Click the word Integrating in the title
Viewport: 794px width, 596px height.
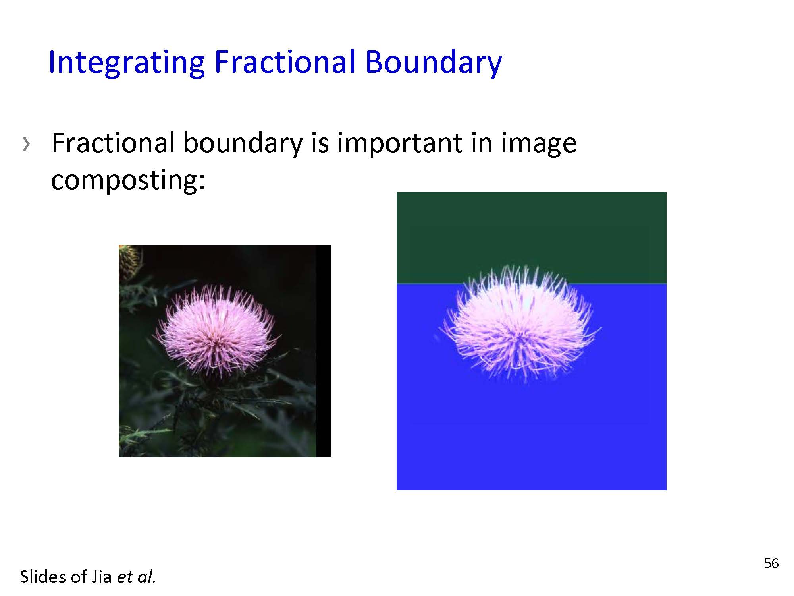pos(127,63)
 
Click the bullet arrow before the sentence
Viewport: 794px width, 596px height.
pos(26,144)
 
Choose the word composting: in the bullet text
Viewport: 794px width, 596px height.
pos(128,180)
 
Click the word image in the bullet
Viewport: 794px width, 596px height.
pos(538,144)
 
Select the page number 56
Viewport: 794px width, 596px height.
pos(771,563)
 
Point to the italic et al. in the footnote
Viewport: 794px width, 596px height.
pos(136,577)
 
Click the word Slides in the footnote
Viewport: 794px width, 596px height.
pos(44,577)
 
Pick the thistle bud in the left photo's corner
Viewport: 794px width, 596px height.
pos(129,262)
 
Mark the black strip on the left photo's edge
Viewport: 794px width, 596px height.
pos(324,351)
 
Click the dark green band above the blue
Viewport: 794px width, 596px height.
pos(531,238)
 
